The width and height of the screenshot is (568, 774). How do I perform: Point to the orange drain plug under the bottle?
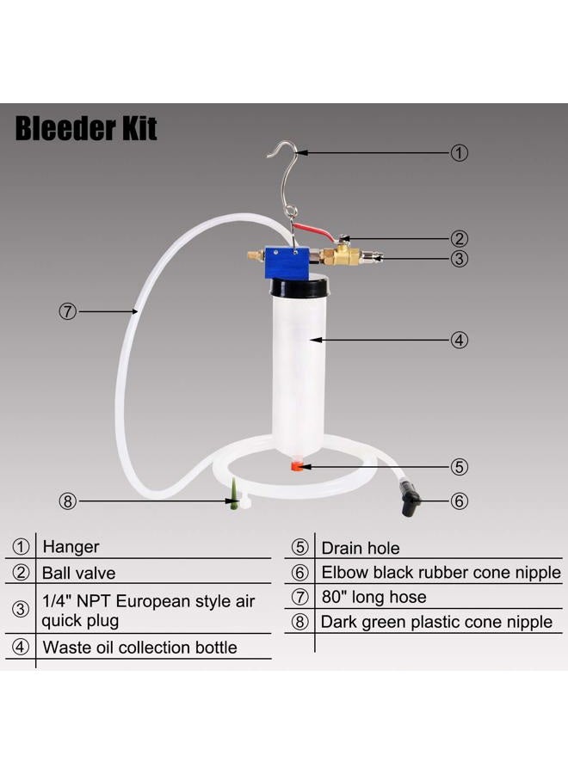pyautogui.click(x=294, y=466)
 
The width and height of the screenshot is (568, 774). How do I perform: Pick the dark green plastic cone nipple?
pyautogui.click(x=232, y=498)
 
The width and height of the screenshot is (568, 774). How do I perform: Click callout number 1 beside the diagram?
pyautogui.click(x=460, y=153)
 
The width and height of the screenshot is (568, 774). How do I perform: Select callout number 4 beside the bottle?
pyautogui.click(x=460, y=340)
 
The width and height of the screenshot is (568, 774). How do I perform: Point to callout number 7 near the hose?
pyautogui.click(x=68, y=311)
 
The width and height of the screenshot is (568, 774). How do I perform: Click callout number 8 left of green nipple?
pyautogui.click(x=68, y=500)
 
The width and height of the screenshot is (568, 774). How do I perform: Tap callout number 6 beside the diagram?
pyautogui.click(x=460, y=500)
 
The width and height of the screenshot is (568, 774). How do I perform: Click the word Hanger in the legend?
pyautogui.click(x=71, y=546)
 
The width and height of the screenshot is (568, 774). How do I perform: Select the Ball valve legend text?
pyautogui.click(x=78, y=572)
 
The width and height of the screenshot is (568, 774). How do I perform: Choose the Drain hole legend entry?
pyautogui.click(x=360, y=548)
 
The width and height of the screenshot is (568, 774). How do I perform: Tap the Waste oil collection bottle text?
pyautogui.click(x=139, y=647)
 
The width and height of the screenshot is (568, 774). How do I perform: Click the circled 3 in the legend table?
pyautogui.click(x=20, y=610)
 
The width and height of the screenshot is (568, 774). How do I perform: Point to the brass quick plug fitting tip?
pyautogui.click(x=371, y=256)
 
